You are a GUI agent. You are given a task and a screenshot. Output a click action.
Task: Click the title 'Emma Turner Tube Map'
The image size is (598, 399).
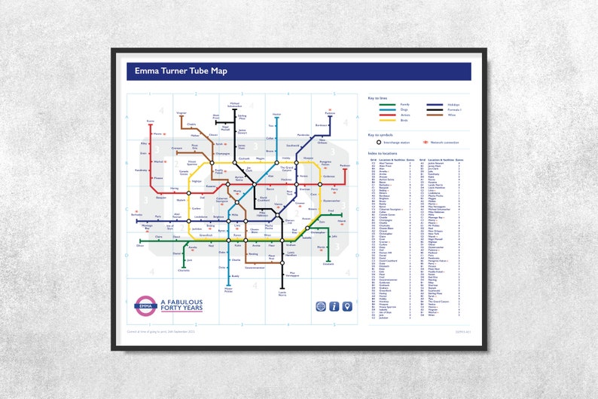pyautogui.click(x=181, y=72)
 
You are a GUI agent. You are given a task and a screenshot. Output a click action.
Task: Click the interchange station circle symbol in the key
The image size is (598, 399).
pyautogui.click(x=378, y=141)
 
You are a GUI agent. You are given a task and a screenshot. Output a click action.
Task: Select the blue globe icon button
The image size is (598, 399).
pyautogui.click(x=321, y=305)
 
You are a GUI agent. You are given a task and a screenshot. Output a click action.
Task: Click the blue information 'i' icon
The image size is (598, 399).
pyautogui.click(x=334, y=305)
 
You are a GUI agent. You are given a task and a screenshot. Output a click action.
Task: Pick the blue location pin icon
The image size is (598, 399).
pyautogui.click(x=346, y=305)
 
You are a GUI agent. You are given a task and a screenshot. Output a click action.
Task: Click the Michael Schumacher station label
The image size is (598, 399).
pyautogui.click(x=234, y=104)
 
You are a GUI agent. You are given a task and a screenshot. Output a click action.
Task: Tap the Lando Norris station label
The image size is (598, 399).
pyautogui.click(x=282, y=293)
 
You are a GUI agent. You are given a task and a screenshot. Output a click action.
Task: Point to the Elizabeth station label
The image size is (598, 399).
pyautogui.click(x=328, y=263)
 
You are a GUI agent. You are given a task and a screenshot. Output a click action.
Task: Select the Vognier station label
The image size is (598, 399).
pyautogui.click(x=181, y=113)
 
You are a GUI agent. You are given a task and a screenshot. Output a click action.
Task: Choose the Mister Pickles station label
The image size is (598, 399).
pyautogui.click(x=229, y=289)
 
